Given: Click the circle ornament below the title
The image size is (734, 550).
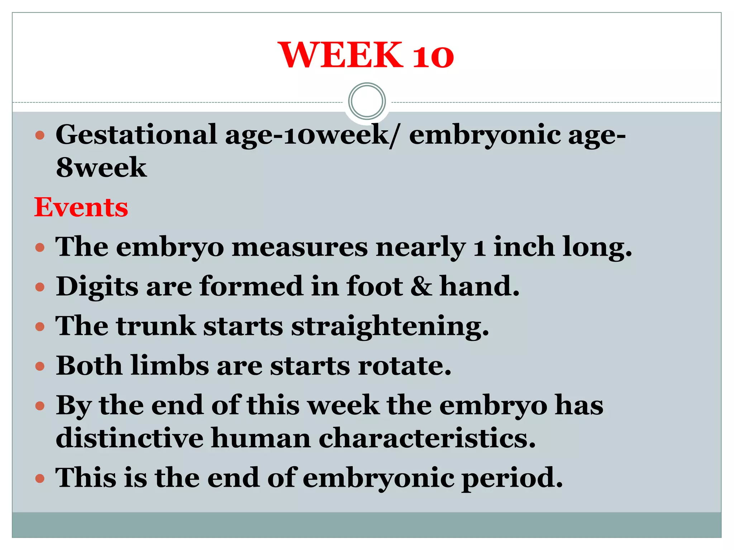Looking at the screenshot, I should (x=367, y=101).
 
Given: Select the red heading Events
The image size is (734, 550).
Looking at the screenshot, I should (x=81, y=207).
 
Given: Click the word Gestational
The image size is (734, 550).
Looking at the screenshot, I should (x=136, y=135).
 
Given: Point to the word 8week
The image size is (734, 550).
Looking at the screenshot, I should (x=101, y=168).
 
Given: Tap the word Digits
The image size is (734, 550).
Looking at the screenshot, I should (x=97, y=287).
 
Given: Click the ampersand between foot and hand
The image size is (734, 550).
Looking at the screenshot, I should (x=421, y=286).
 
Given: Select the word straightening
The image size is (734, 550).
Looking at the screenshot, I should (x=390, y=327).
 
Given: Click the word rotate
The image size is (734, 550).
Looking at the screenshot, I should (x=404, y=366).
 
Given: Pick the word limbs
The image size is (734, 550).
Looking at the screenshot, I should (x=170, y=366).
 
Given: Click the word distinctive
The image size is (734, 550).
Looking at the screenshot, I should (x=129, y=438).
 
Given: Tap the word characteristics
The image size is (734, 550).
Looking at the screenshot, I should (x=427, y=438).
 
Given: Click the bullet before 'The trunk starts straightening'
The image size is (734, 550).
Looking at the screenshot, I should (x=40, y=327).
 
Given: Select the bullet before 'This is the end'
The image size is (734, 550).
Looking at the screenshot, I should (x=40, y=478).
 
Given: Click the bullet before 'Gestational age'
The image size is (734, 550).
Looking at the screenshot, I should (x=40, y=135).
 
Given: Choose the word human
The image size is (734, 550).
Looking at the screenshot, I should (x=261, y=438).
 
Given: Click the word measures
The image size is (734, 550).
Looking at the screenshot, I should (x=300, y=247).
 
